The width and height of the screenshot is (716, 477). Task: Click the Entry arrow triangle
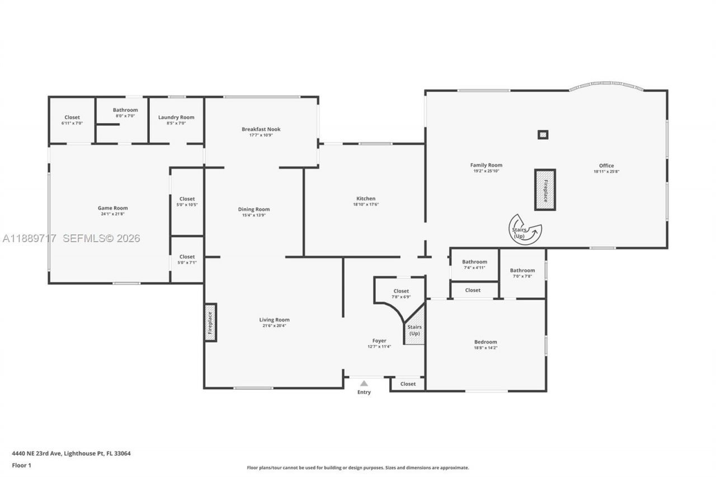point(364,384)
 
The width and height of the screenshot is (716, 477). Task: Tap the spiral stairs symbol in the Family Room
point(525,229)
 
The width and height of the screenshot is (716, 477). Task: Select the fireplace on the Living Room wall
point(210,322)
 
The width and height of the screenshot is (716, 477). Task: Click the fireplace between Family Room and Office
point(545,190)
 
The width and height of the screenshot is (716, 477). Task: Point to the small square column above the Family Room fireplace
point(543,135)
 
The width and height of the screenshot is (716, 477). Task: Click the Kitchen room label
point(366,199)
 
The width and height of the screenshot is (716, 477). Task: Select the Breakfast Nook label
point(261,129)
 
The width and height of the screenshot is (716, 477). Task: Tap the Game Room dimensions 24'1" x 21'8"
point(113,214)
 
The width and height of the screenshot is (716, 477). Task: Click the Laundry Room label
point(176,117)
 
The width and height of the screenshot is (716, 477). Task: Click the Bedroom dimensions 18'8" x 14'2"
point(486,348)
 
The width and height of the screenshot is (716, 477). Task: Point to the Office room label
point(606,166)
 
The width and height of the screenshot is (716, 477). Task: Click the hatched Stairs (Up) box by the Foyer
point(414,330)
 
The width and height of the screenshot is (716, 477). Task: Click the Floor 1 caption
point(22,465)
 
